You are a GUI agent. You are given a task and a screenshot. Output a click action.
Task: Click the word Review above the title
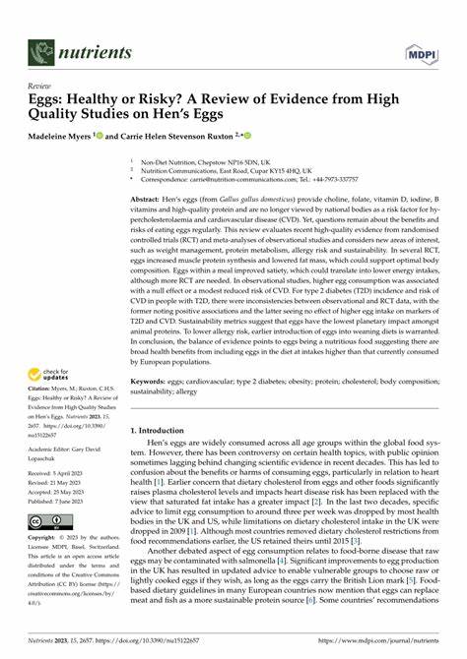pos(42,88)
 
